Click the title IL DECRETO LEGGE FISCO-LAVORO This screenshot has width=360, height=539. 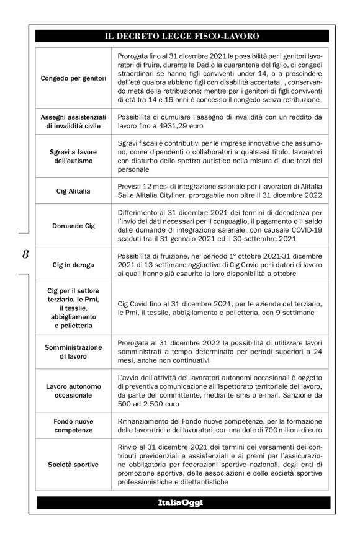[182, 37]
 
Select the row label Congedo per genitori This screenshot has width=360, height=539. [73, 79]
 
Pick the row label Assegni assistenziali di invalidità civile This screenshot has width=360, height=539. [73, 122]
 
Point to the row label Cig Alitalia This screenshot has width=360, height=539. [73, 191]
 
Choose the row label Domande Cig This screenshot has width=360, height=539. [73, 226]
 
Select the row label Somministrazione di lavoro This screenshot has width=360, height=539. [73, 352]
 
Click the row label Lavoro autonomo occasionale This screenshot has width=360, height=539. [73, 390]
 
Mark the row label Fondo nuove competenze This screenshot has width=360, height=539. [73, 425]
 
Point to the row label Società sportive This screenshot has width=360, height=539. [73, 464]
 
